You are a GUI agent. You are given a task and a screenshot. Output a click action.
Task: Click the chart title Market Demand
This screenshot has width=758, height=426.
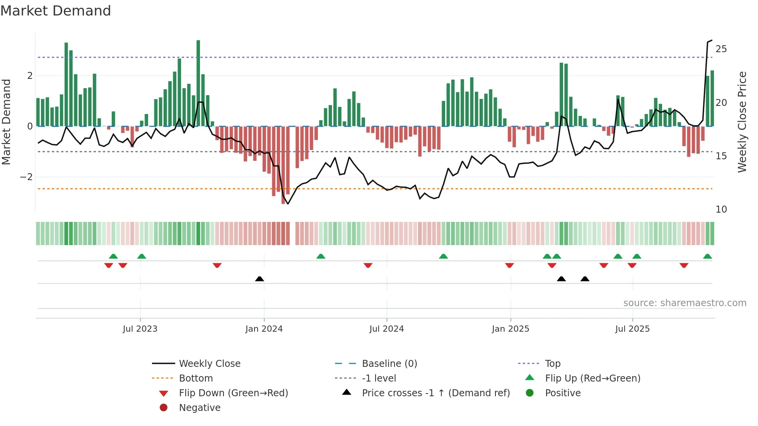click(56, 11)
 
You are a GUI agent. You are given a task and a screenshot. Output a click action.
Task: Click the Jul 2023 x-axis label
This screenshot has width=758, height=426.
click(140, 329)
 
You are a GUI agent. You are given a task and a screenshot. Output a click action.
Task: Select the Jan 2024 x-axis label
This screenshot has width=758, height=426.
click(264, 329)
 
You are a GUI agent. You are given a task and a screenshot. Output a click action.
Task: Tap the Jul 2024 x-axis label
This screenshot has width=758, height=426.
click(386, 329)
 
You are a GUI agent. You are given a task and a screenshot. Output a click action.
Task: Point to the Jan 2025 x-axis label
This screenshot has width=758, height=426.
click(510, 329)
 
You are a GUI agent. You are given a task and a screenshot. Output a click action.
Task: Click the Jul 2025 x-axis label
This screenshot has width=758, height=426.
click(632, 329)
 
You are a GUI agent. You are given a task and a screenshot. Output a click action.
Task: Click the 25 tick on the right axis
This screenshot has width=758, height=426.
click(721, 49)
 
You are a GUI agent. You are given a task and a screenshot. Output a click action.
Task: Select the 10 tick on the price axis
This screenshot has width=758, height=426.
click(721, 210)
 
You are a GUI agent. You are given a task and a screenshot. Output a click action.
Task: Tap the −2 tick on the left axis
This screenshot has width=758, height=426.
click(26, 177)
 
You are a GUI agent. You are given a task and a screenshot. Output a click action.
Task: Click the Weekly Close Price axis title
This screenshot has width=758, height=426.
click(742, 122)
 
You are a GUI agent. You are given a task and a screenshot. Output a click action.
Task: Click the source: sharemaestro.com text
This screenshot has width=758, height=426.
click(685, 303)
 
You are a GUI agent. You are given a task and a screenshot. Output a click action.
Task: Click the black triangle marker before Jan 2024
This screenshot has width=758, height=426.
click(259, 279)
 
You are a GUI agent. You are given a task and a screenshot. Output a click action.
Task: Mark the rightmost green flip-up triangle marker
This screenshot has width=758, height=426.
click(707, 256)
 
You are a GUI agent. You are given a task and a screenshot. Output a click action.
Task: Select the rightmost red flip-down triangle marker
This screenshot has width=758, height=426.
click(684, 265)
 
